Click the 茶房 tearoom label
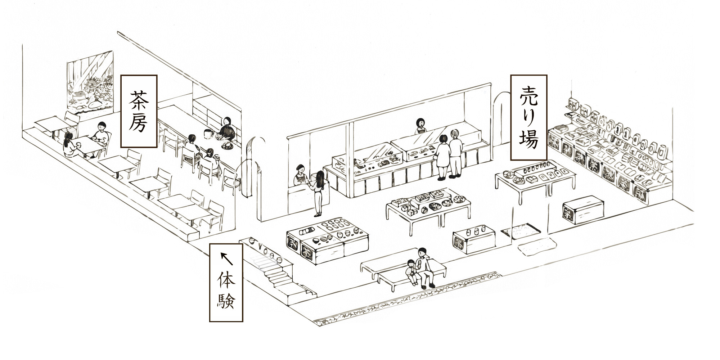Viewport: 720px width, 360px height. pyautogui.click(x=139, y=111)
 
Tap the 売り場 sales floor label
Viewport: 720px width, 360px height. pyautogui.click(x=529, y=117)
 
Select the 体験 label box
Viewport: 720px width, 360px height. pyautogui.click(x=226, y=282)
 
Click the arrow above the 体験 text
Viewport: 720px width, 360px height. pyautogui.click(x=226, y=258)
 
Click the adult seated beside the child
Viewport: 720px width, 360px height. pyautogui.click(x=425, y=267)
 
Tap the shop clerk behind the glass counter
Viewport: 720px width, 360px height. pyautogui.click(x=420, y=126)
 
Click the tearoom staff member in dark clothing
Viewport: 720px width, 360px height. pyautogui.click(x=227, y=130)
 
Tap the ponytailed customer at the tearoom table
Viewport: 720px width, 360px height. pyautogui.click(x=69, y=146)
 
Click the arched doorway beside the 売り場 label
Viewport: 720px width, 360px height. pyautogui.click(x=501, y=119)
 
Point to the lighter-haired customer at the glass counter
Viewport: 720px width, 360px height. pyautogui.click(x=456, y=153)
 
